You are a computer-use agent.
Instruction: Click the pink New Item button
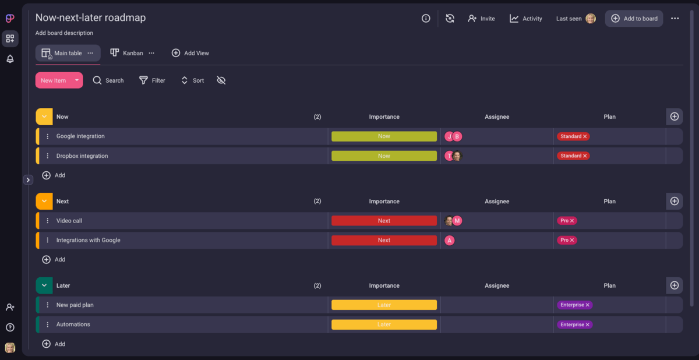point(54,80)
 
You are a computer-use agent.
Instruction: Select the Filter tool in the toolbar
point(152,80)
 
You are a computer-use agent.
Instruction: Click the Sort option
point(192,80)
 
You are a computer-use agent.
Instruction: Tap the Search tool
point(108,80)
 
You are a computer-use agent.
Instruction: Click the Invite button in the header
point(481,19)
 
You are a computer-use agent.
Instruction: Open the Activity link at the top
point(526,19)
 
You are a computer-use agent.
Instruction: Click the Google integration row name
point(80,136)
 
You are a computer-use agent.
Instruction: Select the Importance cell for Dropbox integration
point(384,156)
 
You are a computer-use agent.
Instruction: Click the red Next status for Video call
point(384,221)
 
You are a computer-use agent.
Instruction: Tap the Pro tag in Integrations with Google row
point(564,240)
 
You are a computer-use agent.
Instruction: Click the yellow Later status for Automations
point(384,324)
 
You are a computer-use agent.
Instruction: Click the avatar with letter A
point(449,241)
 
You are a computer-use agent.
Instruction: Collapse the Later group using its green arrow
point(44,285)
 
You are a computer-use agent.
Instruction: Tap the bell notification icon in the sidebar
point(10,59)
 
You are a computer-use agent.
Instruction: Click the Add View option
point(190,53)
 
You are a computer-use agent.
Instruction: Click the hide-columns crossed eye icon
point(221,80)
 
